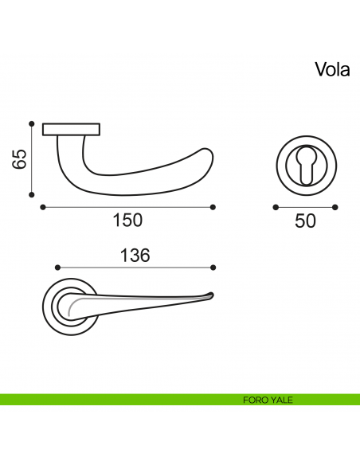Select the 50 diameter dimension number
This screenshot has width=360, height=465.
tap(305, 221)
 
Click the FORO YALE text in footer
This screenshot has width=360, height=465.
tap(268, 400)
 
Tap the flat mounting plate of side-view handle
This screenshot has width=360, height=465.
tap(71, 129)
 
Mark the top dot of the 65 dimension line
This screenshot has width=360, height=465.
tap(31, 124)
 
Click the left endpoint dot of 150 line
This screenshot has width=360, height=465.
tap(41, 207)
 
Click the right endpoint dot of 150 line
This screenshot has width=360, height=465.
tap(213, 207)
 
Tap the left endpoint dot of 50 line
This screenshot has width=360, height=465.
tap(275, 207)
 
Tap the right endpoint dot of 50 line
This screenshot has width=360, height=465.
tap(335, 207)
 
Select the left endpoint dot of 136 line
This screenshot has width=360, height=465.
tap(57, 268)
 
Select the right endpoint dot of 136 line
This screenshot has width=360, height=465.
tap(213, 268)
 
